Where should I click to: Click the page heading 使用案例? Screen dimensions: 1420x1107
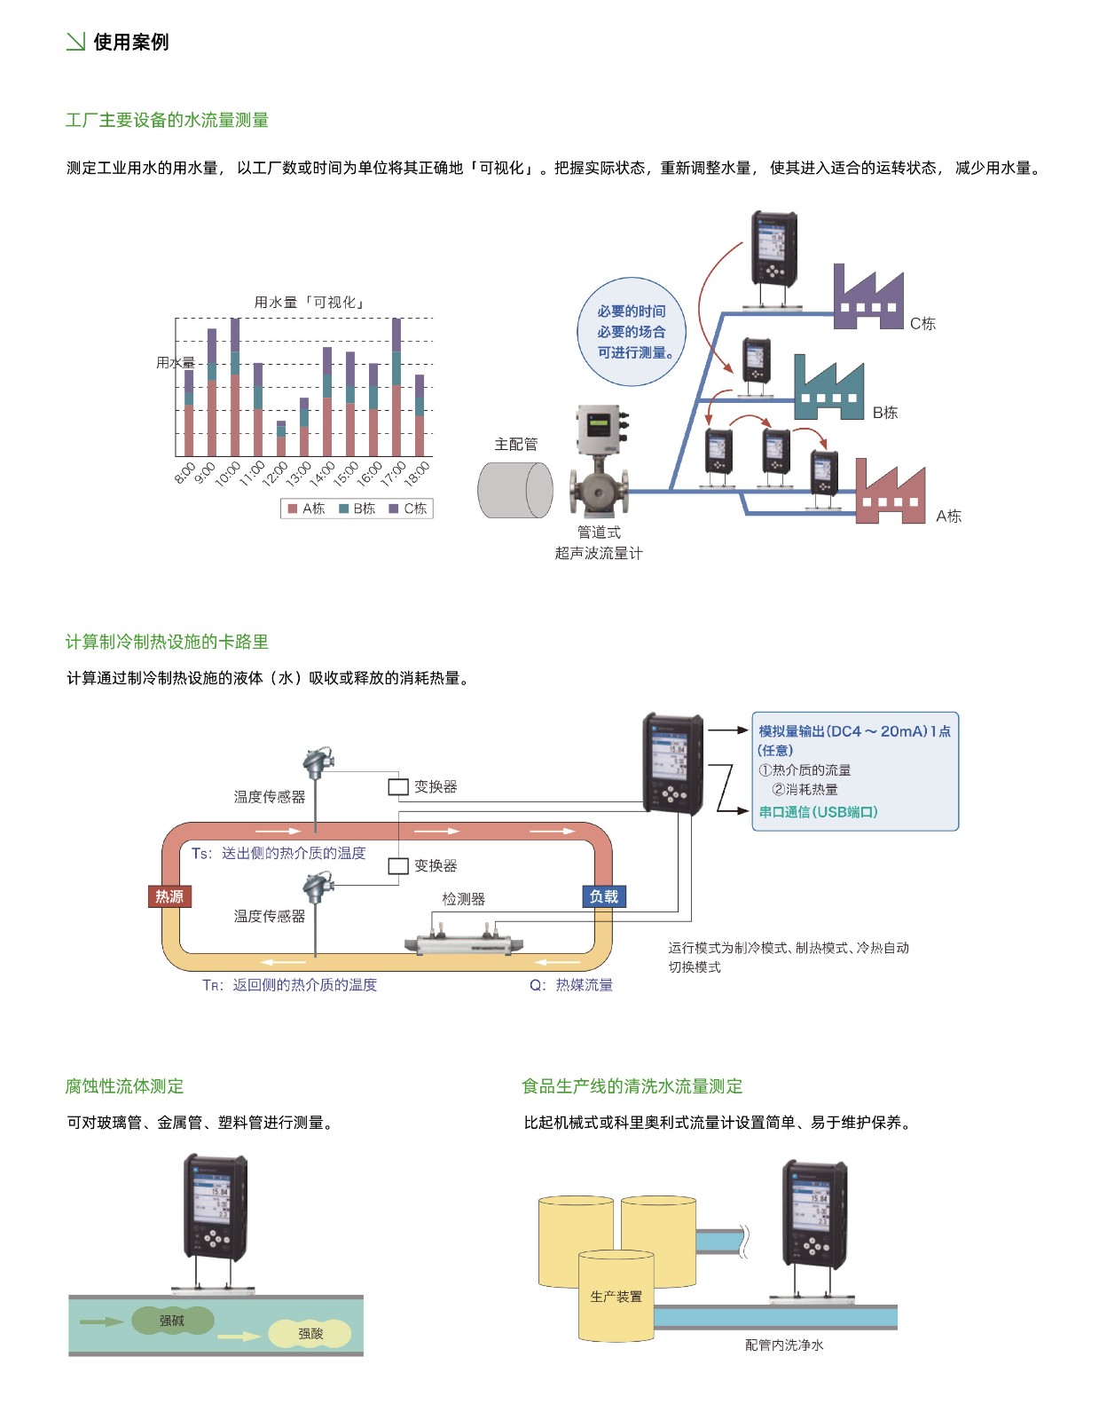pos(130,42)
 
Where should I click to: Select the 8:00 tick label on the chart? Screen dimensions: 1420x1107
pos(185,472)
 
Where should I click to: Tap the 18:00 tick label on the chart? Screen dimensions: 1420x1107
pos(418,474)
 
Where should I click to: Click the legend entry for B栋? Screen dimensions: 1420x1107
pos(357,509)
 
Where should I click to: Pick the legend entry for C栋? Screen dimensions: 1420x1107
pos(408,509)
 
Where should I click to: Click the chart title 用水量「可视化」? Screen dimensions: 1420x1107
pos(310,303)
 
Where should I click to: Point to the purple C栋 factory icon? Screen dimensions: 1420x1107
pos(868,300)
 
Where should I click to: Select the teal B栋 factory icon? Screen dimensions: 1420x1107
pos(828,390)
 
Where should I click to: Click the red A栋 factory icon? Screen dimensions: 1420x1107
pos(890,495)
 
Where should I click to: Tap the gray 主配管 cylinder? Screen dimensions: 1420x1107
pos(514,490)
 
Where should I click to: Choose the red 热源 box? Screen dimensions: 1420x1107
pos(169,896)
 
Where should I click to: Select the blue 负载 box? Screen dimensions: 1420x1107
pos(604,896)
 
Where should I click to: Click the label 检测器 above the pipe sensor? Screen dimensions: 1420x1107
pos(464,899)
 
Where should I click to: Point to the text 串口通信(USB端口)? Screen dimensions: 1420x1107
pos(818,812)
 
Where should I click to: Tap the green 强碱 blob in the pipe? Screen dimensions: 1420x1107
pos(172,1321)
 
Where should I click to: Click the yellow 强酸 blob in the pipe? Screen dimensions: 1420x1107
pos(310,1333)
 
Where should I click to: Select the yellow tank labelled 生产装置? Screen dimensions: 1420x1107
pos(616,1298)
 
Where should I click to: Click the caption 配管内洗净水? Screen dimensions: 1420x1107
pos(784,1345)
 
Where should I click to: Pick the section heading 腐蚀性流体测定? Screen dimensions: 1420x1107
pos(124,1086)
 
